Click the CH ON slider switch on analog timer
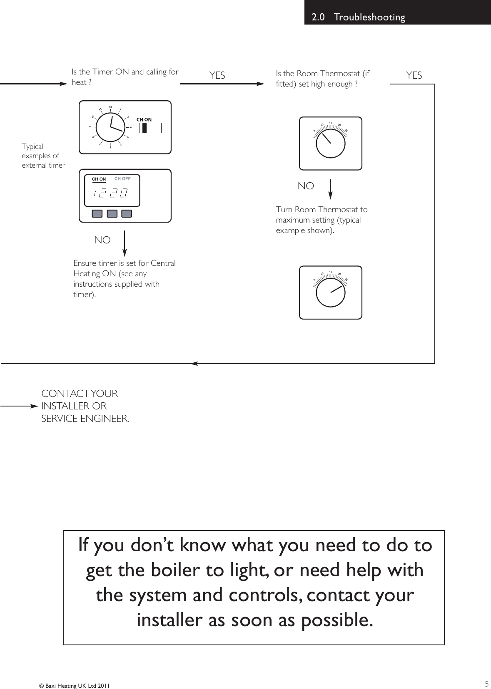coord(150,128)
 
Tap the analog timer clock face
coord(111,126)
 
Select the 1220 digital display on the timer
coord(110,193)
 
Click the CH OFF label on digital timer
coord(122,179)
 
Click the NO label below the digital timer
coord(102,240)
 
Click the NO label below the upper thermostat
coord(306,186)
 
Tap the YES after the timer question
coord(217,75)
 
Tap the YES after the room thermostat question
coord(414,75)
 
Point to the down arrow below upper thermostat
coord(331,189)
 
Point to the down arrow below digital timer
coord(125,243)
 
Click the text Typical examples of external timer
coord(43,156)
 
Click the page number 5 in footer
coord(486,684)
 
